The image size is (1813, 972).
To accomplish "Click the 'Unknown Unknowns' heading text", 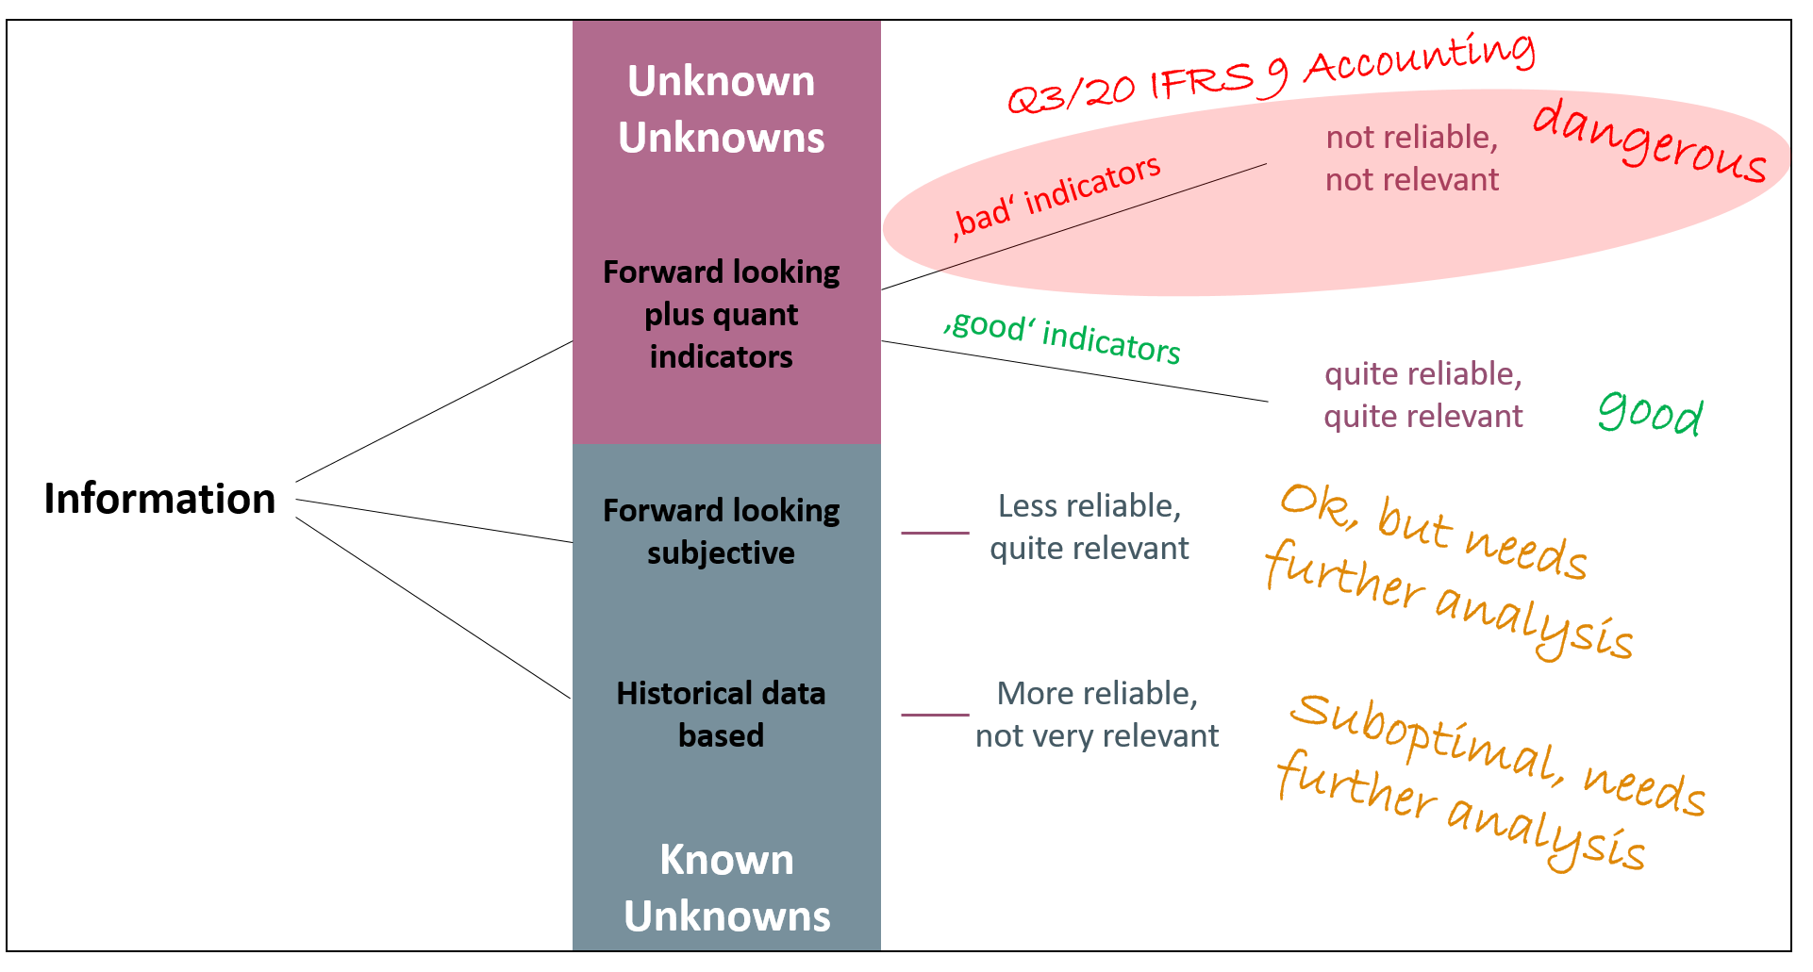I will coord(722,109).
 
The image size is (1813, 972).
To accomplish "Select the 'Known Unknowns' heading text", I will coord(726,888).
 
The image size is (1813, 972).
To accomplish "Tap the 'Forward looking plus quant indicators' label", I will coord(722,314).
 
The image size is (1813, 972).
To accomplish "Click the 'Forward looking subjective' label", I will coord(722,531).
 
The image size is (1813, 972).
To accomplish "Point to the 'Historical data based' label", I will coord(722,714).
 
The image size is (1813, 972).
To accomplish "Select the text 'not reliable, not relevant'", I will coord(1412,158).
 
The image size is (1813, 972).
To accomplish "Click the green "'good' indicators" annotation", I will coord(1062,337).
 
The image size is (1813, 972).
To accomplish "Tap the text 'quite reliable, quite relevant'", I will coord(1423,395).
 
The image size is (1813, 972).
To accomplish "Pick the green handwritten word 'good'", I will coord(1651,414).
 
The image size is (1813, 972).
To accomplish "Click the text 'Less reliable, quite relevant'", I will coord(1089,527).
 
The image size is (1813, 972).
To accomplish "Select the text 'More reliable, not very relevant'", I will coord(1097,715).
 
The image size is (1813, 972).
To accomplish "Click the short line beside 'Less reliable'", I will coord(935,533).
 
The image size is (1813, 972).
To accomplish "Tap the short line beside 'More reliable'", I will coord(935,715).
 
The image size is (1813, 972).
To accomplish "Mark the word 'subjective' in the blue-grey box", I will coord(722,553).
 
